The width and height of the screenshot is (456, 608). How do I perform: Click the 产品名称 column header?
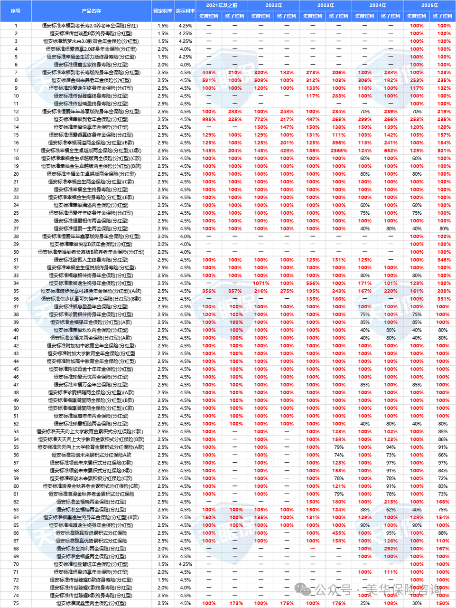91,10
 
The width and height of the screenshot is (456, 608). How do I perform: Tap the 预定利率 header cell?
163,10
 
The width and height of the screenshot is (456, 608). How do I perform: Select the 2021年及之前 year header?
222,5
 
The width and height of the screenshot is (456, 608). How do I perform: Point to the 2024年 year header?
378,5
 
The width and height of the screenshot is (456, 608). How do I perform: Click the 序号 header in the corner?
16,10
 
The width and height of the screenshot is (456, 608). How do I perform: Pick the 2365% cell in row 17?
339,151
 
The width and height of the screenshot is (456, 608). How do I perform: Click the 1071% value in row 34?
261,283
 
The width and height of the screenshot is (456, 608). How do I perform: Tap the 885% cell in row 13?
209,119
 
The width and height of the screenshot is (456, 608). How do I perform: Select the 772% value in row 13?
261,119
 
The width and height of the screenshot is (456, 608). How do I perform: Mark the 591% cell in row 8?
209,80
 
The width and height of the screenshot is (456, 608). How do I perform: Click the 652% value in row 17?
391,151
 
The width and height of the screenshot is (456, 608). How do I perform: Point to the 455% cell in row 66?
339,533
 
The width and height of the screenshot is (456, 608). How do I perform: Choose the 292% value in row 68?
391,549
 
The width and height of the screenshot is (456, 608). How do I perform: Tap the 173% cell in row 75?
235,603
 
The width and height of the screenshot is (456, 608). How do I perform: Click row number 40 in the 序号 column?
16,330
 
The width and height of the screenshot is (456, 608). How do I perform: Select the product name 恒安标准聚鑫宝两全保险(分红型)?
91,603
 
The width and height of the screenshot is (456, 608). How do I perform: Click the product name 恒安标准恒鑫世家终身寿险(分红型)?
91,65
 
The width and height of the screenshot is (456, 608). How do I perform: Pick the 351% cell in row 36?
444,299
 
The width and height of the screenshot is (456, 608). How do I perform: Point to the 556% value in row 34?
313,283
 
